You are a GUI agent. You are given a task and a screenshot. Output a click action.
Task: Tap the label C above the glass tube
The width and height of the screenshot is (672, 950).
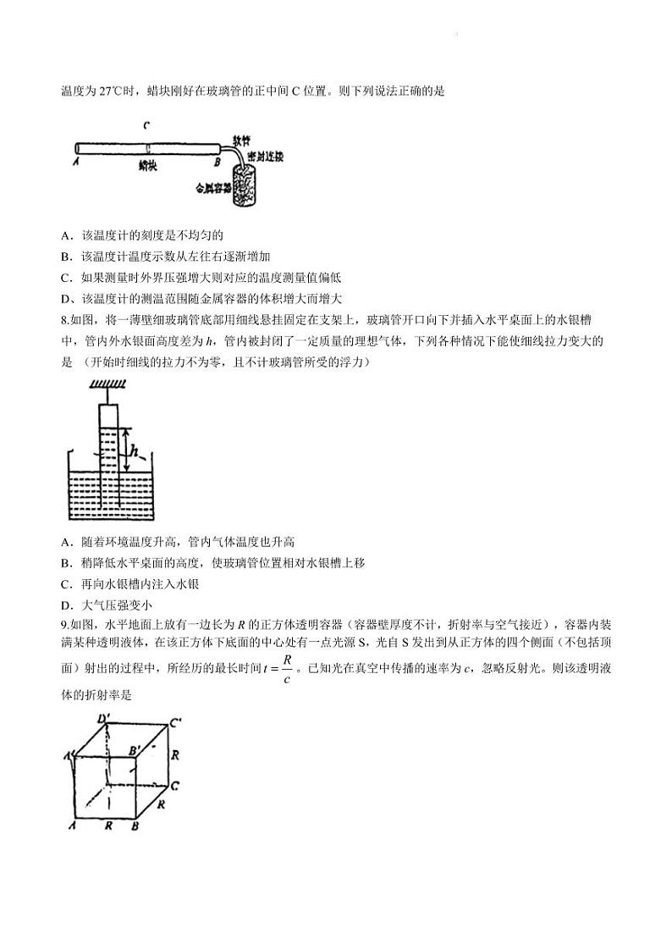tap(146, 125)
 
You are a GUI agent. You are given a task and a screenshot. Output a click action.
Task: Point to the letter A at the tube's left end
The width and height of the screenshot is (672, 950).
tap(76, 161)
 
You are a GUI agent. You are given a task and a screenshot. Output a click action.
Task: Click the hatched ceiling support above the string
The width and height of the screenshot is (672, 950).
tap(107, 386)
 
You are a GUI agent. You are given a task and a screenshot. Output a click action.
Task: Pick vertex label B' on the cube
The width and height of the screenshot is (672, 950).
tap(134, 749)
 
